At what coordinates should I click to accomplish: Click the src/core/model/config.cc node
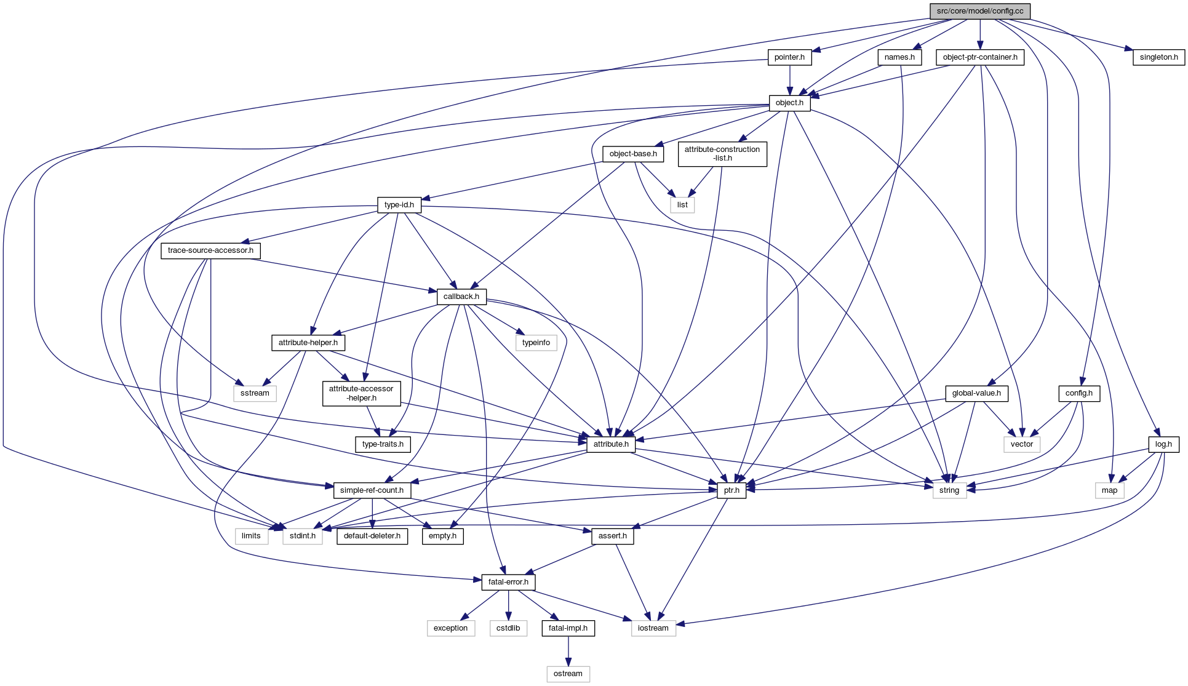[979, 11]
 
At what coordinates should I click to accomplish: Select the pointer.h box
[789, 57]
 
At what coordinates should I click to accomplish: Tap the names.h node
[899, 57]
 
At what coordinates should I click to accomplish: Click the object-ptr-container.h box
[979, 57]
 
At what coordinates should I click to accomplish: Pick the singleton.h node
[1158, 57]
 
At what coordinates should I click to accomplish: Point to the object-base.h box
[632, 154]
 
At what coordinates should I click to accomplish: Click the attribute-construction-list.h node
[722, 154]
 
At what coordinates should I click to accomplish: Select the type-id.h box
[399, 205]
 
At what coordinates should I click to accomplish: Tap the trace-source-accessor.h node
[210, 250]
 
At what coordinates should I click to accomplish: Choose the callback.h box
[461, 297]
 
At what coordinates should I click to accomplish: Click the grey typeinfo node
[536, 343]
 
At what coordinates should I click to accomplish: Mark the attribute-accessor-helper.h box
[361, 393]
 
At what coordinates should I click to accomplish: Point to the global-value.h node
[976, 393]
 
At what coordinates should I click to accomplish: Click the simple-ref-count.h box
[372, 490]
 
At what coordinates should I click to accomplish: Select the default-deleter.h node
[372, 536]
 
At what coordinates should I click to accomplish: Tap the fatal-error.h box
[508, 582]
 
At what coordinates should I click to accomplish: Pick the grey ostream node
[568, 674]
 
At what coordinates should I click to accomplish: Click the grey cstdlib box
[508, 628]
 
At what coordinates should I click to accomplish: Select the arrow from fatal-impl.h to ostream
[568, 651]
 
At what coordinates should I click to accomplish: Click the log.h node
[1163, 444]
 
